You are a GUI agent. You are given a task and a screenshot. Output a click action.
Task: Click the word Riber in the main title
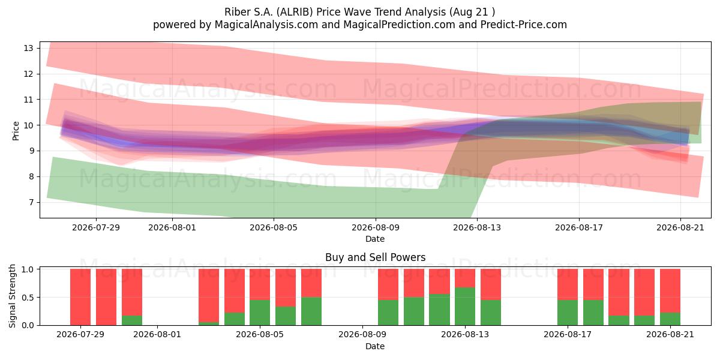click(x=235, y=12)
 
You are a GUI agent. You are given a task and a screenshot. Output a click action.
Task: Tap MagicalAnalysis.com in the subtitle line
click(x=266, y=25)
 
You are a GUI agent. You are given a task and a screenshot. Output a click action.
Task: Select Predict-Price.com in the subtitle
click(x=524, y=25)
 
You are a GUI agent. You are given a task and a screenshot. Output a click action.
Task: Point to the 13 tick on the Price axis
click(x=28, y=48)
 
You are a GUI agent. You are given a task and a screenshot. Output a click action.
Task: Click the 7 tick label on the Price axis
click(x=31, y=202)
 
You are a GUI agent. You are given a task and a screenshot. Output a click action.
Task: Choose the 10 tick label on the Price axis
click(x=28, y=125)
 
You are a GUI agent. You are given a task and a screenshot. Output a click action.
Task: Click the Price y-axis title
click(x=16, y=131)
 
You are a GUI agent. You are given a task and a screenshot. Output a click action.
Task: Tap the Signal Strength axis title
click(x=12, y=296)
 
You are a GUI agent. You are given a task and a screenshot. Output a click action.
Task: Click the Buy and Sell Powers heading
click(x=376, y=257)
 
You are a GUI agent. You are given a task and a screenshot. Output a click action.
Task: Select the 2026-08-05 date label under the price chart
click(x=274, y=227)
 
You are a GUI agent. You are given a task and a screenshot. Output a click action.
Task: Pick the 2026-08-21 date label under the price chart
click(x=680, y=227)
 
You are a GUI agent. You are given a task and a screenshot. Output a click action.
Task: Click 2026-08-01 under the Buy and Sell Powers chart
click(x=157, y=335)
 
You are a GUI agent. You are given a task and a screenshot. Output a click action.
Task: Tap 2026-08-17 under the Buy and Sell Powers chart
click(x=568, y=335)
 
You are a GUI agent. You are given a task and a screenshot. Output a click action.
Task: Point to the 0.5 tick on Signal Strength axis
click(x=28, y=298)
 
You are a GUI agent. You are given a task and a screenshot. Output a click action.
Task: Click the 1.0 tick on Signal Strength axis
click(x=28, y=269)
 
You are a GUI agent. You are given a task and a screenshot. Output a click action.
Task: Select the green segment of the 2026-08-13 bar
click(x=465, y=306)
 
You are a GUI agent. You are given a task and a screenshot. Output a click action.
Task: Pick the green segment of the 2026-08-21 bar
click(x=670, y=319)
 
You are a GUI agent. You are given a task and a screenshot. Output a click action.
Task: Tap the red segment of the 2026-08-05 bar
click(x=260, y=284)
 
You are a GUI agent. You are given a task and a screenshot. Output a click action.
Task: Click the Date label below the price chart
click(x=375, y=239)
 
